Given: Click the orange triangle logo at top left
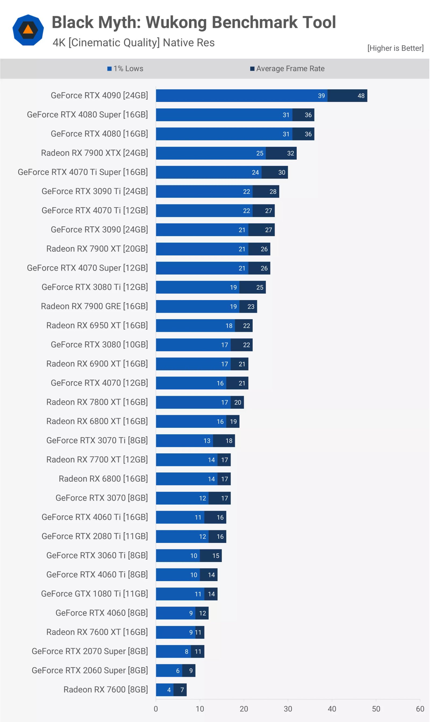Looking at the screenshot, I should (x=28, y=30).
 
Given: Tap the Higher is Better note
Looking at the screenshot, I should (x=395, y=48).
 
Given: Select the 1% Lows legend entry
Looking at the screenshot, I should (x=126, y=69).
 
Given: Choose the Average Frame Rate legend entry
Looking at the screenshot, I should (x=288, y=69).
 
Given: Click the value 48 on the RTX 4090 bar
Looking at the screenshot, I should (x=361, y=96).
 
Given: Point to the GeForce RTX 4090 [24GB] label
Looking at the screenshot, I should (x=99, y=96).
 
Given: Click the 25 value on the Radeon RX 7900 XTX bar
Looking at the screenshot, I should (x=260, y=153).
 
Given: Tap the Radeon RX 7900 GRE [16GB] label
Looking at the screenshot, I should (x=94, y=306).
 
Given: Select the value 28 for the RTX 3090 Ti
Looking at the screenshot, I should (x=273, y=191).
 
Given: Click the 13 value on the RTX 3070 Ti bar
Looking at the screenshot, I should (x=207, y=441).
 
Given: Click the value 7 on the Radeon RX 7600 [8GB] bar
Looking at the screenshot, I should (x=182, y=690).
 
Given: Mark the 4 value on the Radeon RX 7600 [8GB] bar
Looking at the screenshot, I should (x=169, y=690).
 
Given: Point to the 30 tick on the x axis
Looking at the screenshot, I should (x=288, y=709).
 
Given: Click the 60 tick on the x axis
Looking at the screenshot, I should (x=420, y=709).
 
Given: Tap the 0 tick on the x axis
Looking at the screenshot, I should (x=156, y=709).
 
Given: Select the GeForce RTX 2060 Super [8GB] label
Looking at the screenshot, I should (x=89, y=670).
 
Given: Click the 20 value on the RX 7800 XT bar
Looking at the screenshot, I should (x=238, y=403).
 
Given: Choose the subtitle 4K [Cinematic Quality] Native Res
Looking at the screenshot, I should (x=134, y=42).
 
